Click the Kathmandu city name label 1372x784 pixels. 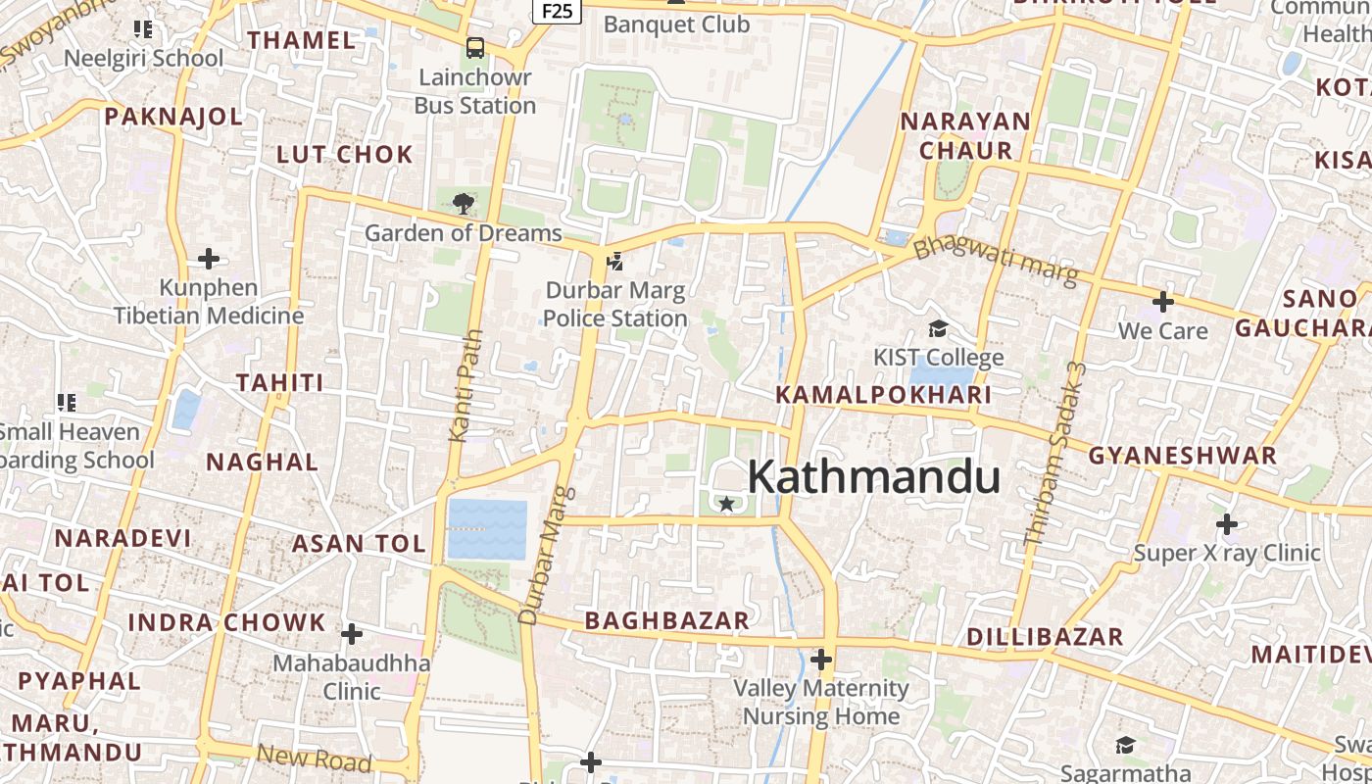point(873,477)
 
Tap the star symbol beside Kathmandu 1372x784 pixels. point(726,504)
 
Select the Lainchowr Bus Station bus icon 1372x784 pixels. point(475,47)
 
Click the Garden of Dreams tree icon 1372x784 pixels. point(463,204)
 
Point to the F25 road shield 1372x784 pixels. point(557,10)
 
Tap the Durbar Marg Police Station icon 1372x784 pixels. point(615,262)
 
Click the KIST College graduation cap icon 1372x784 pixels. point(938,328)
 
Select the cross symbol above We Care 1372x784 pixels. point(1163,302)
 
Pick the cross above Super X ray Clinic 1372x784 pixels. point(1227,524)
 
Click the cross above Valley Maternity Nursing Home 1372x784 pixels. point(821,660)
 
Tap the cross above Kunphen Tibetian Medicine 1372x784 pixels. point(209,259)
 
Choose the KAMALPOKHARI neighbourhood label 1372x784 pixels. point(884,395)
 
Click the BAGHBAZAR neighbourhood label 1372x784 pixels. point(666,620)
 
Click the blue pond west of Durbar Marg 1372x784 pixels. point(487,529)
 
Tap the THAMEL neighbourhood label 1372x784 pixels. point(302,40)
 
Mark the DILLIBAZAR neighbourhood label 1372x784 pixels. point(1045,637)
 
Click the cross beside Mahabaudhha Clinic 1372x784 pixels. point(352,634)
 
